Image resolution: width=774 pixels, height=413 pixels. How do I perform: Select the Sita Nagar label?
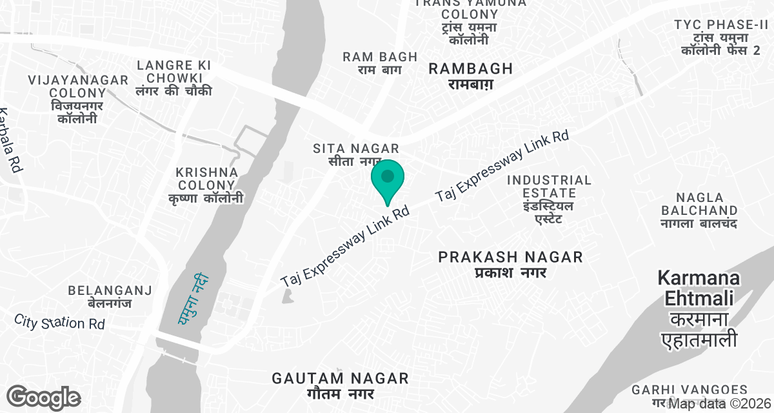[356, 155]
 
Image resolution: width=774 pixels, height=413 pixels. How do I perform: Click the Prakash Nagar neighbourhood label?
[510, 265]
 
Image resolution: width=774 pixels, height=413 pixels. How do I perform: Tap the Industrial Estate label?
[549, 199]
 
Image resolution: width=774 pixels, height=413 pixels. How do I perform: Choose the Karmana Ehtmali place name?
[699, 309]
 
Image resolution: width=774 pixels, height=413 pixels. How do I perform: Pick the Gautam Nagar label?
[340, 385]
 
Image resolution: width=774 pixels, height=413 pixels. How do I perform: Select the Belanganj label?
[110, 297]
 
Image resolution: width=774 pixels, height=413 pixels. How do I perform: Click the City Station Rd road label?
[59, 321]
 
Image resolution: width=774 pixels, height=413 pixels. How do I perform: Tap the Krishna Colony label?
[207, 185]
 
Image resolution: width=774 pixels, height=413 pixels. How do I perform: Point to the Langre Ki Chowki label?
[174, 78]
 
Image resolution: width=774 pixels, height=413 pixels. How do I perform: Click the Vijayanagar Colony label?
[78, 99]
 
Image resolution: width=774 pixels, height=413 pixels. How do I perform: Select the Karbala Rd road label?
[10, 139]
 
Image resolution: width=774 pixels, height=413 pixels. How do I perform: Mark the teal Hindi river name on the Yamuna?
[191, 298]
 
